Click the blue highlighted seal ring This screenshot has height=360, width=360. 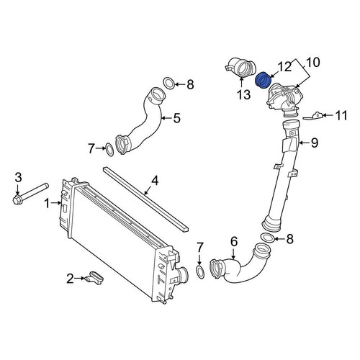(x=264, y=78)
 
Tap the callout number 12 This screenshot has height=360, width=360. (x=284, y=66)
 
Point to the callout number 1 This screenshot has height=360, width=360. (x=48, y=204)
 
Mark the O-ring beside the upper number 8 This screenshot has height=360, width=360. (x=168, y=84)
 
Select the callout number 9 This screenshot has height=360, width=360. (x=314, y=143)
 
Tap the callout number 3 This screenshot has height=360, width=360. (x=19, y=176)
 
